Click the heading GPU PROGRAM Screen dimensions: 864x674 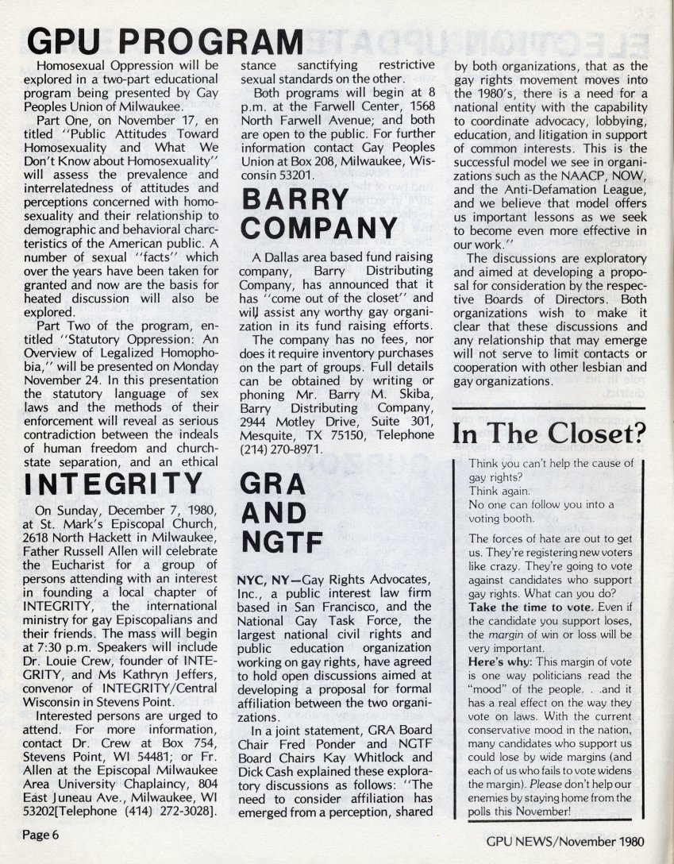165,39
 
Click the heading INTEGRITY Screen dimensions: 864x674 114,484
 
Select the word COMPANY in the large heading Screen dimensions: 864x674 318,229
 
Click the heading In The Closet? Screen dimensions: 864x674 549,434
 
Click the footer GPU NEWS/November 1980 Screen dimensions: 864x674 565,843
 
